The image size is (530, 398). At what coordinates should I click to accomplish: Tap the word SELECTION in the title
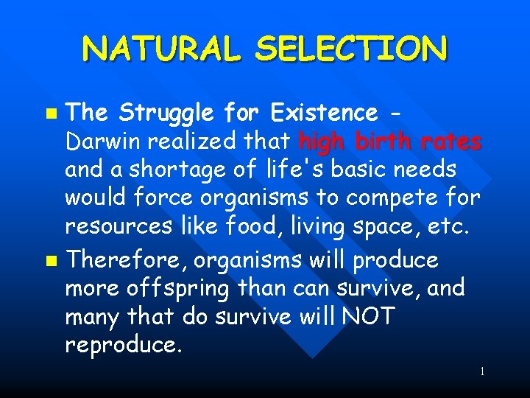(351, 49)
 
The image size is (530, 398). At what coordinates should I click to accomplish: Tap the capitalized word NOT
(367, 317)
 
